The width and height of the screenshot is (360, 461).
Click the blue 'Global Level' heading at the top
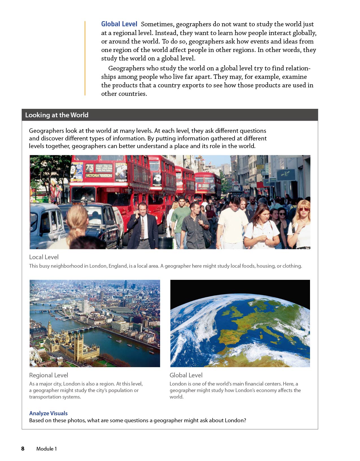coord(119,24)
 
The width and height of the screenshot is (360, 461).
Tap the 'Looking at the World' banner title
coord(57,115)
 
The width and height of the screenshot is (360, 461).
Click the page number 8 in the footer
coord(23,449)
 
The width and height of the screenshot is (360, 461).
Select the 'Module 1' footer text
coord(47,449)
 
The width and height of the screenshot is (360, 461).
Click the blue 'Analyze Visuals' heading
coord(48,413)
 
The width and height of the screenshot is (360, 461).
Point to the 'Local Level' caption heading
coord(44,257)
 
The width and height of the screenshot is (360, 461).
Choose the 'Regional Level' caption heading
coord(49,375)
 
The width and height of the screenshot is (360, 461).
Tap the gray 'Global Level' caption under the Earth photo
coord(186,375)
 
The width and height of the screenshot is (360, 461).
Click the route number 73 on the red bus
coord(90,168)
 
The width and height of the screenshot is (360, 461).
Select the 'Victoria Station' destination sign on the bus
coord(99,176)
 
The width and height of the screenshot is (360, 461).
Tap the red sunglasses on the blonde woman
coord(304,209)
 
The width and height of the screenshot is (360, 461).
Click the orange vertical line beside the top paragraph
coord(85,58)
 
